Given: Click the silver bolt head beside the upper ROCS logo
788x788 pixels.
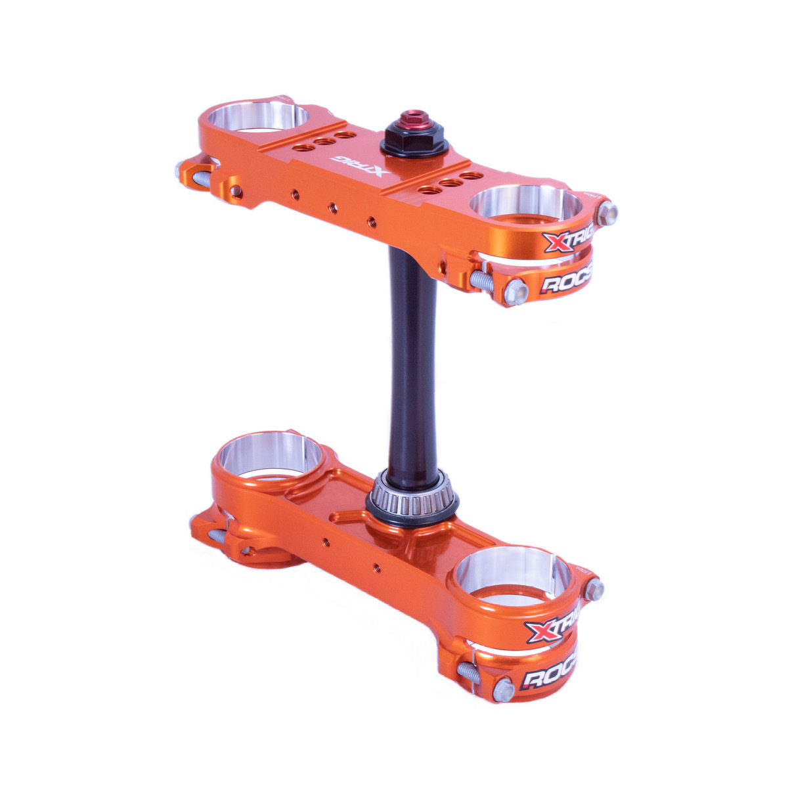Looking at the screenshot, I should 517,290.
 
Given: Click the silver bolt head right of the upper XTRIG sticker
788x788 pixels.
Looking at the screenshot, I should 608,211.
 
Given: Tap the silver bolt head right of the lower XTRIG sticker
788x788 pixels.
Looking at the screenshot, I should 595,588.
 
